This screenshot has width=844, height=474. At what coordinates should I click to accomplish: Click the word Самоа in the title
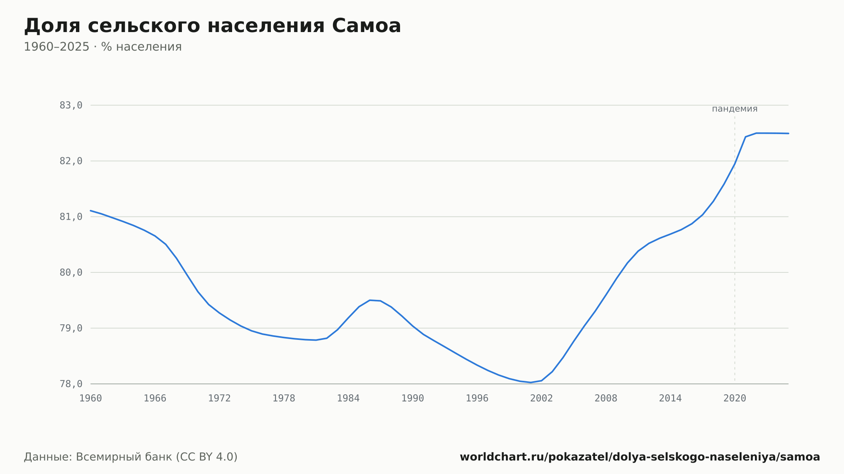pyautogui.click(x=366, y=26)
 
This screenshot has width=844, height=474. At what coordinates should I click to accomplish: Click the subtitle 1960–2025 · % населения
pyautogui.click(x=103, y=47)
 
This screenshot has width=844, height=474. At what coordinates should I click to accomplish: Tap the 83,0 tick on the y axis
pyautogui.click(x=71, y=105)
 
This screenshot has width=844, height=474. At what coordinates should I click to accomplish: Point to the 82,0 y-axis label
pyautogui.click(x=71, y=161)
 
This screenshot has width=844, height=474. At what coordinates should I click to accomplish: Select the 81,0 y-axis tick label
pyautogui.click(x=71, y=217)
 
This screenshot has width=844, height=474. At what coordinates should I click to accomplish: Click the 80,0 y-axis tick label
pyautogui.click(x=71, y=272)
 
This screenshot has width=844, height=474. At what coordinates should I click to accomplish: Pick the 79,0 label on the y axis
pyautogui.click(x=71, y=328)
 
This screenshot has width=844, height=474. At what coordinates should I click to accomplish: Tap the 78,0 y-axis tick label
pyautogui.click(x=71, y=384)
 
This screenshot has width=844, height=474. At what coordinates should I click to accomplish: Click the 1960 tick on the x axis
pyautogui.click(x=91, y=399)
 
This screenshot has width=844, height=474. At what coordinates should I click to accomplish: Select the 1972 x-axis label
pyautogui.click(x=219, y=399)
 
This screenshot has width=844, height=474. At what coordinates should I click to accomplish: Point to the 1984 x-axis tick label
pyautogui.click(x=348, y=399)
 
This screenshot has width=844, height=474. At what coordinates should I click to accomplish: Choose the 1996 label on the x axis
pyautogui.click(x=477, y=399)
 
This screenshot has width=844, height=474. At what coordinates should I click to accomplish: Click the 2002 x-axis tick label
pyautogui.click(x=541, y=399)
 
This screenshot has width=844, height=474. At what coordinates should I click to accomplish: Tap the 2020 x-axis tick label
pyautogui.click(x=735, y=399)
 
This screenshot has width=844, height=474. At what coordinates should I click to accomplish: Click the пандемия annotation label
pyautogui.click(x=735, y=109)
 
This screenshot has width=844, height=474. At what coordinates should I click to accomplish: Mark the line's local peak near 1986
pyautogui.click(x=370, y=300)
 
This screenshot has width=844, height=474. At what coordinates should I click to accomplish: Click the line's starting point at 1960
pyautogui.click(x=91, y=210)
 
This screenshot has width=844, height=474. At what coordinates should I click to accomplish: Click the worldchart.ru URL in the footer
pyautogui.click(x=640, y=457)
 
